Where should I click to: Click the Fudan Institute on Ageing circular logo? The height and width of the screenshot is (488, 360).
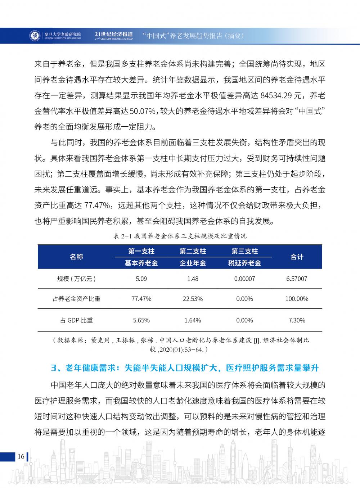[x=34, y=36]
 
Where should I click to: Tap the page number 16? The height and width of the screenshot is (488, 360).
[x=21, y=456]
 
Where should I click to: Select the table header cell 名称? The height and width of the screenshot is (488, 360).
[x=76, y=257]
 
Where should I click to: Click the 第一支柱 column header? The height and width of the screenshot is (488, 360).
[x=141, y=251]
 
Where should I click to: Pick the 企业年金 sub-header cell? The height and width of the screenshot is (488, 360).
[x=193, y=263]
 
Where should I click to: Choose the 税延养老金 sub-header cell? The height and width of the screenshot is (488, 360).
[x=244, y=263]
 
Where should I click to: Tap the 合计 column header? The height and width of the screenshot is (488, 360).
[x=297, y=257]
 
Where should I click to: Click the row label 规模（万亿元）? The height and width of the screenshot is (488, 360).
[x=76, y=279]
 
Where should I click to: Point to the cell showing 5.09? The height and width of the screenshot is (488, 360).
[x=141, y=279]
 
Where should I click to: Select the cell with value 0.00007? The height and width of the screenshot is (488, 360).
[x=244, y=279]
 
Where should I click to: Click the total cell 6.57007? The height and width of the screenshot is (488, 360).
[x=297, y=279]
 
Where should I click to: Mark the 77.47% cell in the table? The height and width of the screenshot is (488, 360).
[x=141, y=299]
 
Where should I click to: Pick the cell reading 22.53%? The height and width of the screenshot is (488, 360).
[x=193, y=299]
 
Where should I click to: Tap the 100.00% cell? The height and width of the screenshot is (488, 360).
[x=297, y=299]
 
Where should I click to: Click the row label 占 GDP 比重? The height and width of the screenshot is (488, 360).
[x=76, y=320]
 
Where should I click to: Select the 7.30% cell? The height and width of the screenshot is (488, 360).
[x=297, y=320]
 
